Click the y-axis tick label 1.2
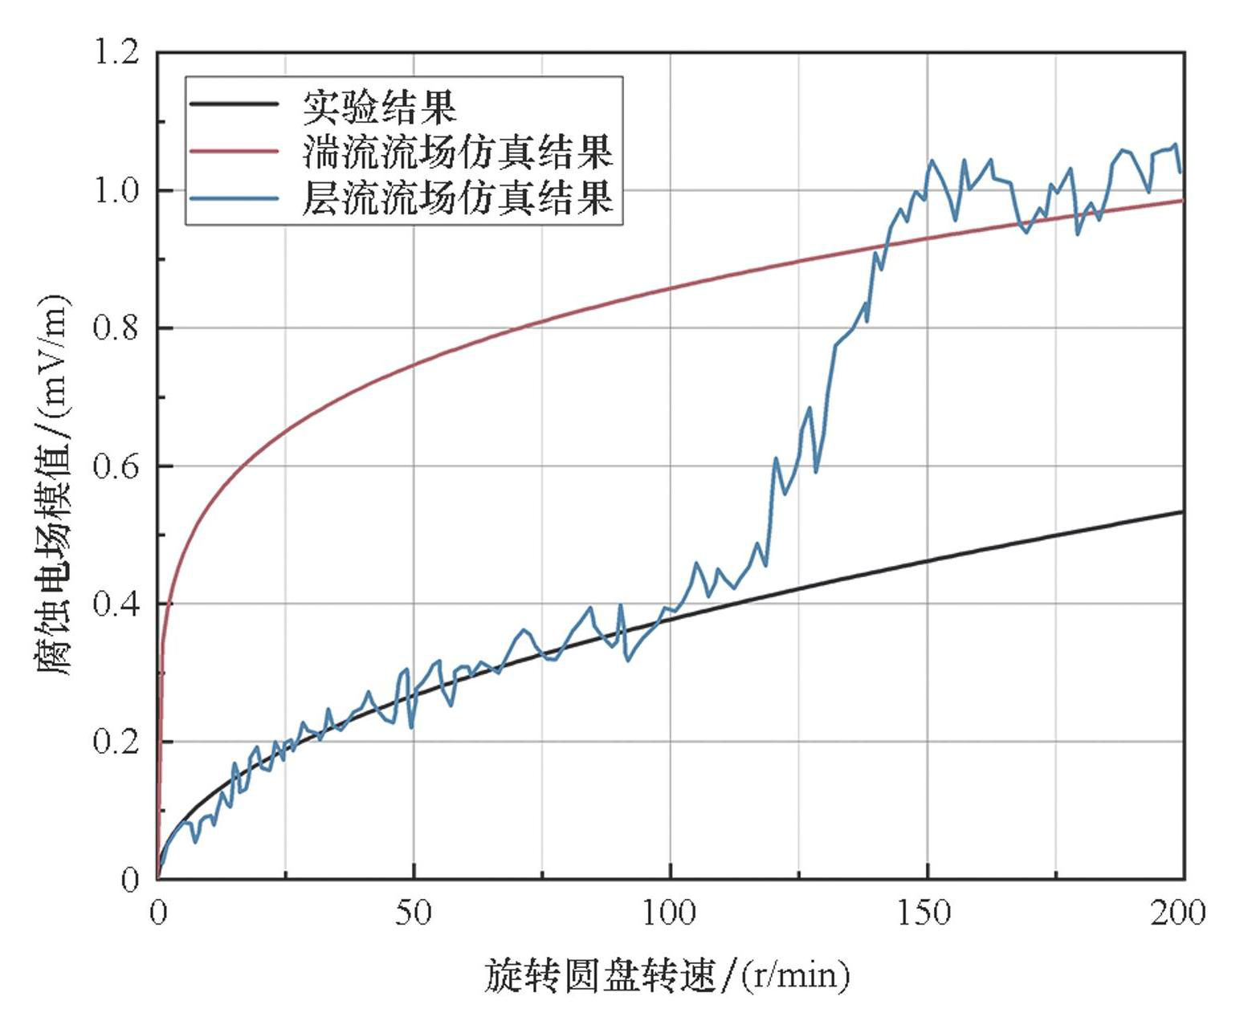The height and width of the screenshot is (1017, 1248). point(117,53)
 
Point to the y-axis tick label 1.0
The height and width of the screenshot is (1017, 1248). point(117,191)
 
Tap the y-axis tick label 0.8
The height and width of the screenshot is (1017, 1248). point(117,328)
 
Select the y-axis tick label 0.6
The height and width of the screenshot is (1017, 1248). point(117,466)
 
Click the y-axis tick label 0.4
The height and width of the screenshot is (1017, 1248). point(117,604)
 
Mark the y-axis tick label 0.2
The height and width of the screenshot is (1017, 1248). point(117,742)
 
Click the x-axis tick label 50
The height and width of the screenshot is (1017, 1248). point(414,913)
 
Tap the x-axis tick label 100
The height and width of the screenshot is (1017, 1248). point(671,913)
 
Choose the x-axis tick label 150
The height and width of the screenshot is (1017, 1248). point(927,913)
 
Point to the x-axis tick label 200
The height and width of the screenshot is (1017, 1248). point(1179,913)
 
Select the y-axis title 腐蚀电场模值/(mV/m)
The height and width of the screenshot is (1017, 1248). point(54,486)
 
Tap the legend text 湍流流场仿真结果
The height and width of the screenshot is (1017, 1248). point(458,151)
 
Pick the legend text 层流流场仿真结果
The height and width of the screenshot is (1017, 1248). point(458,197)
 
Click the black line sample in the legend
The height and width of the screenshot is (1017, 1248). point(235,104)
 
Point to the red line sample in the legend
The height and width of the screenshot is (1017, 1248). point(235,150)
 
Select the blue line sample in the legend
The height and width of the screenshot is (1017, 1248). point(235,197)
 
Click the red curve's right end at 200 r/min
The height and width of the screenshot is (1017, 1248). point(1182,200)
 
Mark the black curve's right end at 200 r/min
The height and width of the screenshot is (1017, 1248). point(1182,511)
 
